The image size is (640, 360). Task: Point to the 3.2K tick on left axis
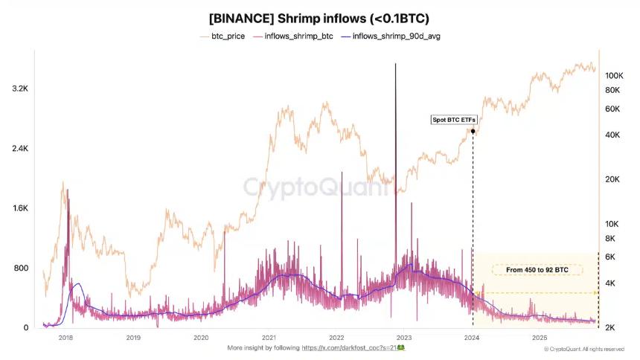tap(19, 89)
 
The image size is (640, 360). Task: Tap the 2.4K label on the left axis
tap(19, 149)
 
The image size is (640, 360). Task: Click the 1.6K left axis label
tap(19, 209)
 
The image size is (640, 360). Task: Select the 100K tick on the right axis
tap(613, 76)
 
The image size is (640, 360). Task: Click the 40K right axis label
tap(612, 135)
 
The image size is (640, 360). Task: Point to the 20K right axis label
tap(612, 179)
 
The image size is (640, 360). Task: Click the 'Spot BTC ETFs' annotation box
tap(453, 120)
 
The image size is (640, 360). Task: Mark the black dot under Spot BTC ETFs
tap(473, 131)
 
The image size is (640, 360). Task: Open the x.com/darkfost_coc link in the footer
tap(348, 347)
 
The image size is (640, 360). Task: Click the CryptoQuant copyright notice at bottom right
tap(584, 348)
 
